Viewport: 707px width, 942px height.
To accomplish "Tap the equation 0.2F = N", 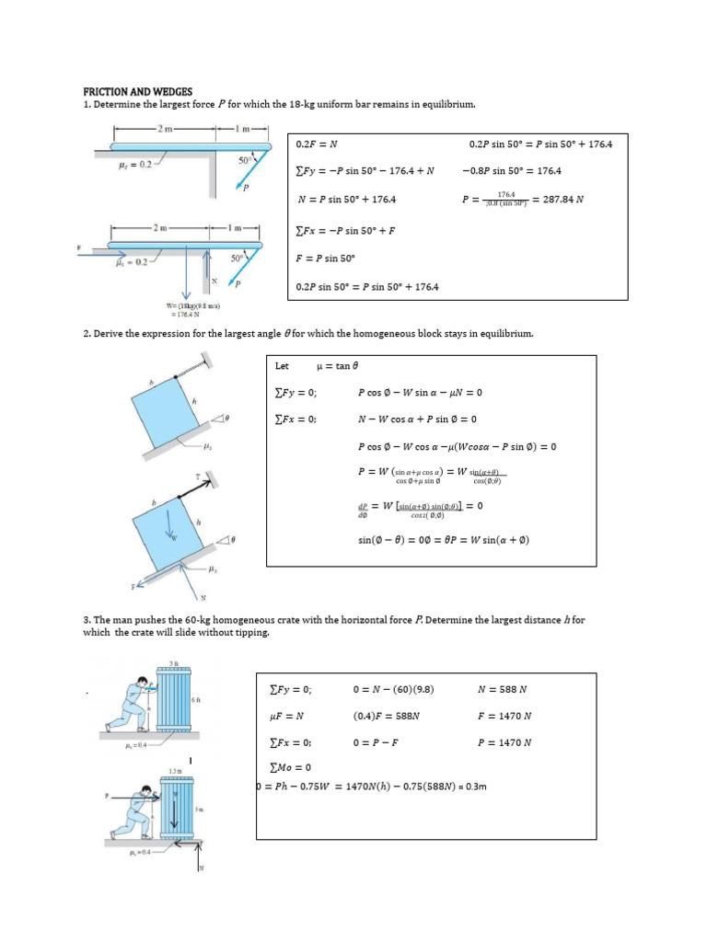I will (317, 144).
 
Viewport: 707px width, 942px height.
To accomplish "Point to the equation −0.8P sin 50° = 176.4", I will (512, 170).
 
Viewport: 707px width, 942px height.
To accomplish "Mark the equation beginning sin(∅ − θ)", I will (443, 540).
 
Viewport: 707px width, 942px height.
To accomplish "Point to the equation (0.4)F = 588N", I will (386, 716).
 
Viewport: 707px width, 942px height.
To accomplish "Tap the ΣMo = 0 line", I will (290, 767).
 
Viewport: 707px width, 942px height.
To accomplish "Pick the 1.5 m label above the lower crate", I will (174, 771).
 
